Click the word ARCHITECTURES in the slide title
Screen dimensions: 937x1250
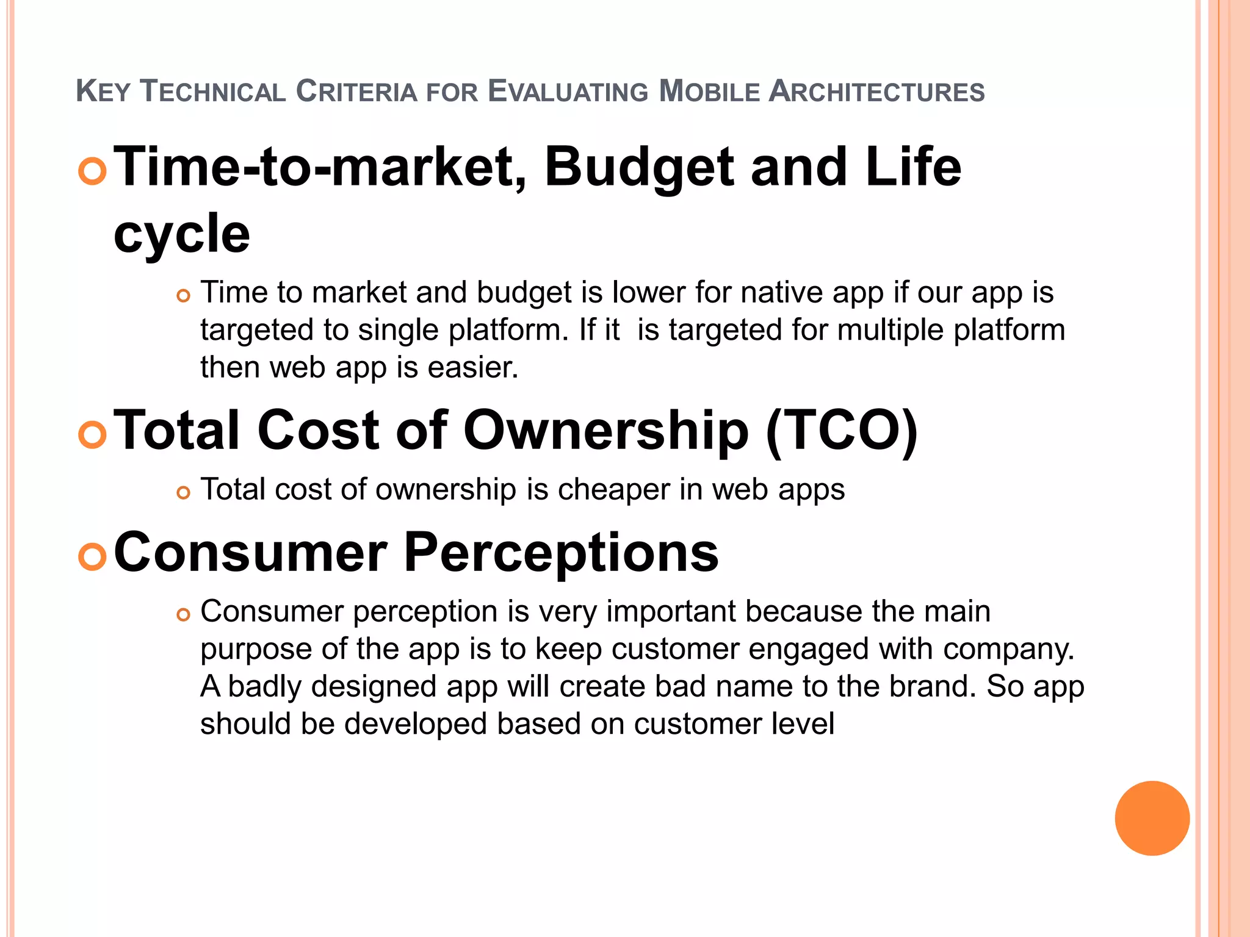[876, 92]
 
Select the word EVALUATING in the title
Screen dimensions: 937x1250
[568, 92]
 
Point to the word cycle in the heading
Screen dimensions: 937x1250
[182, 234]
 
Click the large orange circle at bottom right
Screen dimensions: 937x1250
[1152, 818]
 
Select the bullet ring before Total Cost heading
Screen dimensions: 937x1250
[93, 434]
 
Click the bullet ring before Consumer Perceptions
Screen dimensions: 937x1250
[93, 556]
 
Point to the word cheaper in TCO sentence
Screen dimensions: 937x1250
[613, 490]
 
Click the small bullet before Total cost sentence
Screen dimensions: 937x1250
[183, 492]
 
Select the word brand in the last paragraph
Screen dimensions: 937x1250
[928, 686]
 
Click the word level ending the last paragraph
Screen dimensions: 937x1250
[802, 724]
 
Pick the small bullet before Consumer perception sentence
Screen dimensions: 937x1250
[183, 614]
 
